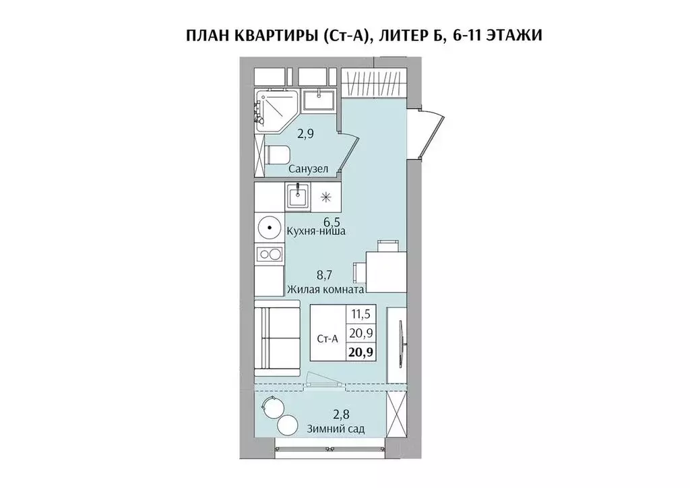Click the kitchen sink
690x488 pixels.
(x=296, y=197)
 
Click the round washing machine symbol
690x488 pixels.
(x=270, y=228)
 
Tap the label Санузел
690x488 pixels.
(x=309, y=170)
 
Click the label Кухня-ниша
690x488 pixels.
(x=316, y=231)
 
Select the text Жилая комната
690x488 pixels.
(x=325, y=289)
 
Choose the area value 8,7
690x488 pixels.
(x=325, y=275)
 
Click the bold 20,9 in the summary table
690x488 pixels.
(x=363, y=351)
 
